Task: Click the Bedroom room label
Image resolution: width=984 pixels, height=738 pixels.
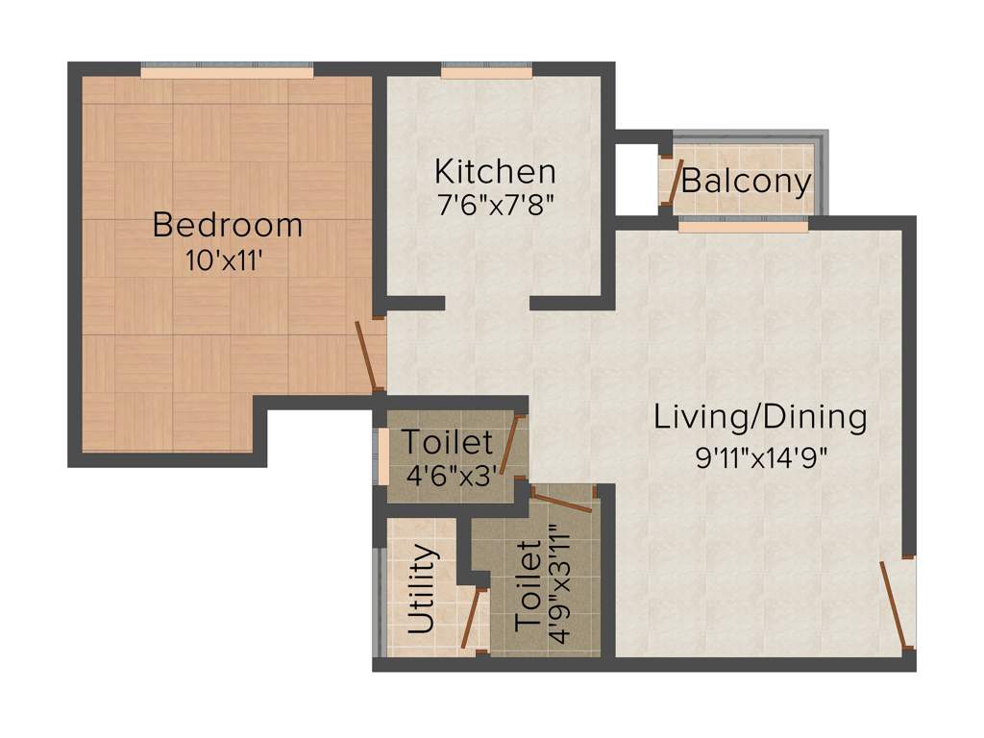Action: (228, 226)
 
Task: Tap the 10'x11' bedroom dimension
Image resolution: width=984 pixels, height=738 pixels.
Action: (225, 262)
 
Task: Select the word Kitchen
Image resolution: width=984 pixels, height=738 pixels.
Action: (495, 172)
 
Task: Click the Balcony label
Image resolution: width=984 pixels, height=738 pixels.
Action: (747, 182)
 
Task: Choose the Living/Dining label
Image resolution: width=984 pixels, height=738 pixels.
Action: (760, 418)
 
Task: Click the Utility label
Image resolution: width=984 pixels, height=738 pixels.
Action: (421, 589)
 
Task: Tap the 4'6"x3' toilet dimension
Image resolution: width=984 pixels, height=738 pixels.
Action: (447, 478)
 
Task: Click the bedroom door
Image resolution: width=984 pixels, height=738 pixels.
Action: (366, 357)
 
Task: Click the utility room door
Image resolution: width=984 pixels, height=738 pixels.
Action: (470, 620)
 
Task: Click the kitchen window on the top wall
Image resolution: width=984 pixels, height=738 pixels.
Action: (486, 72)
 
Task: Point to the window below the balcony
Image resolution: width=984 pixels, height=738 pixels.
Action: (743, 228)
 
